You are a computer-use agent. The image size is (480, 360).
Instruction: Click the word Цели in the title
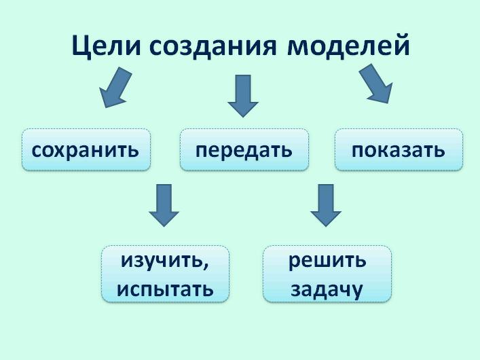click(x=106, y=46)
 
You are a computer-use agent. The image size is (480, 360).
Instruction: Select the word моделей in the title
click(x=348, y=46)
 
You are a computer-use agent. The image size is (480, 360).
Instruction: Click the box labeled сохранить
click(x=86, y=149)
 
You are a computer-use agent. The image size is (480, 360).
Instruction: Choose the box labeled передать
click(x=244, y=149)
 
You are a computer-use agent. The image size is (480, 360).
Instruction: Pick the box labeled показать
click(x=399, y=149)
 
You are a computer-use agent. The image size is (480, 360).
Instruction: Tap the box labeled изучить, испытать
click(x=165, y=274)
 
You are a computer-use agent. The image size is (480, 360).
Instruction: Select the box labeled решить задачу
click(x=327, y=274)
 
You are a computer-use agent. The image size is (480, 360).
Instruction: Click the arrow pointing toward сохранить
click(x=115, y=88)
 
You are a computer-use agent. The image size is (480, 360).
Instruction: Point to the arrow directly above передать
click(x=243, y=96)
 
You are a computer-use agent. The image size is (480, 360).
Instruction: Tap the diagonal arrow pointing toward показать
click(x=375, y=84)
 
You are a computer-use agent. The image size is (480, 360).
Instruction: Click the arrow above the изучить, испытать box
click(x=164, y=205)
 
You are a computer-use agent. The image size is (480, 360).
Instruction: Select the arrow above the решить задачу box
click(x=326, y=205)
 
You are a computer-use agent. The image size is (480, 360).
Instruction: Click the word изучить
click(x=162, y=261)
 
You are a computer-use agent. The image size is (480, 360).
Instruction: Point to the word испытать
click(x=165, y=289)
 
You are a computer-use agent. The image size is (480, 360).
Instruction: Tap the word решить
click(x=327, y=261)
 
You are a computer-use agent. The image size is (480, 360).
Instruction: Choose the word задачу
click(x=327, y=290)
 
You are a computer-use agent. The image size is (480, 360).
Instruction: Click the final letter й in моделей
click(x=401, y=45)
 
